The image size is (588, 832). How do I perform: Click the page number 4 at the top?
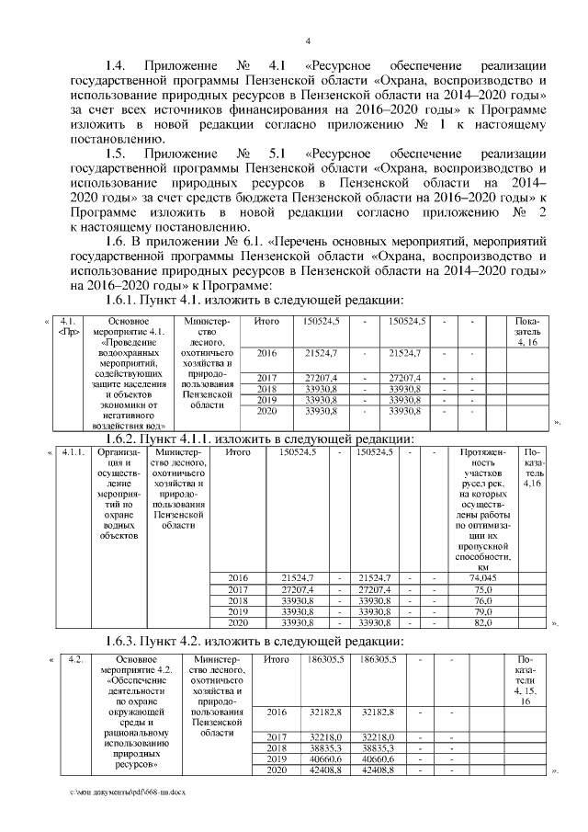pos(308,40)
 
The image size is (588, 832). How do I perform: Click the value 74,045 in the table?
pos(482,576)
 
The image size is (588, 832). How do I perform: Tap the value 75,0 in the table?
pos(482,588)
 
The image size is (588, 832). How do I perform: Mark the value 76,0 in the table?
pos(482,600)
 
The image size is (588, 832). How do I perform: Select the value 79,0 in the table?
pos(482,611)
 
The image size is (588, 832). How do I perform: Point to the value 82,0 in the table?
pos(482,623)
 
